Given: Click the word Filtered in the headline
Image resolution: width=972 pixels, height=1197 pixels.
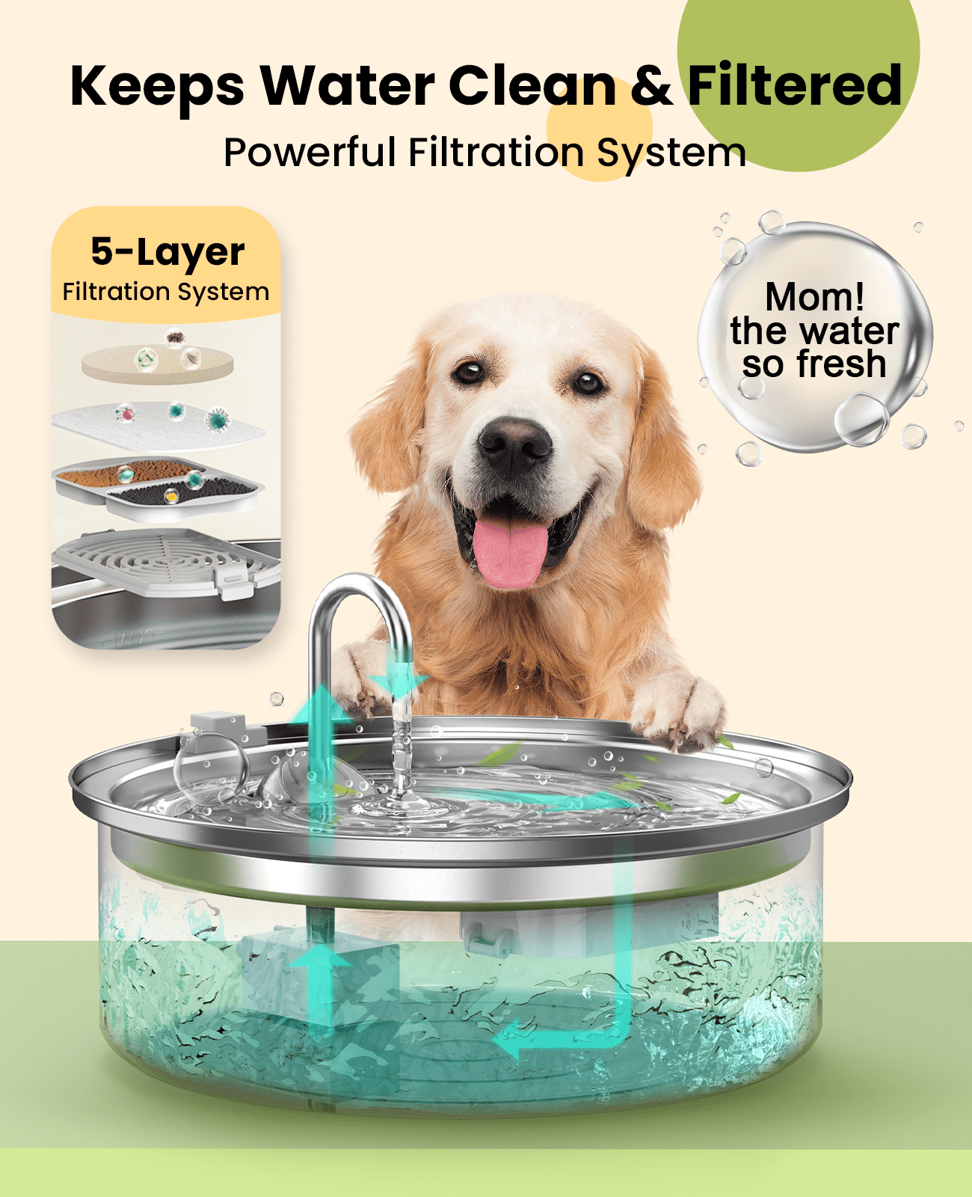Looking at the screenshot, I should [794, 86].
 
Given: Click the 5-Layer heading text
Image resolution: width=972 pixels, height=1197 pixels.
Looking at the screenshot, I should [167, 253].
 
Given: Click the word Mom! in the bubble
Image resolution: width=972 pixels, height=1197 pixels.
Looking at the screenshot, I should [815, 297].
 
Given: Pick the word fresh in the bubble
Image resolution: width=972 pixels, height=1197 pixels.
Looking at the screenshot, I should [840, 364].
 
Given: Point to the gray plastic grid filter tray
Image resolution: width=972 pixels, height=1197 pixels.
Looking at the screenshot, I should [164, 561].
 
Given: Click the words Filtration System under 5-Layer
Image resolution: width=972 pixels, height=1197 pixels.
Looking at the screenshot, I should [166, 292].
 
